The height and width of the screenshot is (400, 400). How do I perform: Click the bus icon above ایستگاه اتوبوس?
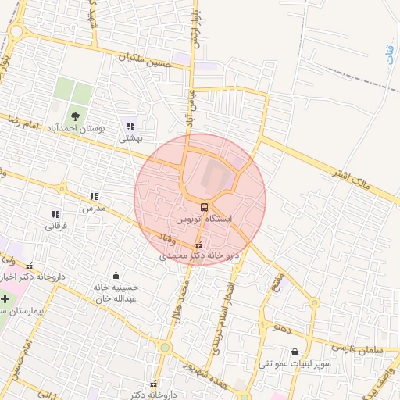204,207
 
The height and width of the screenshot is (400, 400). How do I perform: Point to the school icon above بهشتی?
130,125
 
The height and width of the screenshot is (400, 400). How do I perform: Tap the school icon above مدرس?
94,197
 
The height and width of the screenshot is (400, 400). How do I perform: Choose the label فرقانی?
55,227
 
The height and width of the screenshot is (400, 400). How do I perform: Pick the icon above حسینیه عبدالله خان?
116,275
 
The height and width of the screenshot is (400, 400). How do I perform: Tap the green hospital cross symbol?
5,298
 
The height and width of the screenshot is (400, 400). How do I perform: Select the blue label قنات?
391,55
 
